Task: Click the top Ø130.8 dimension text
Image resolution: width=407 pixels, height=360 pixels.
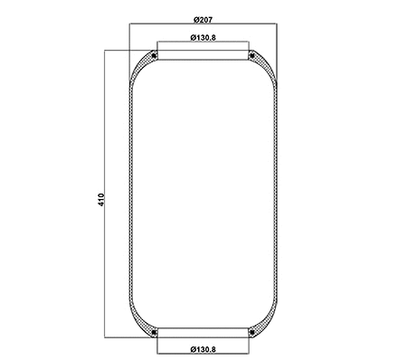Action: click(203, 37)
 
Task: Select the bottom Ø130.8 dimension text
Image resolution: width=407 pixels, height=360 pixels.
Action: click(203, 348)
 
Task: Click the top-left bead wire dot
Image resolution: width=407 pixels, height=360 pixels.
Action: click(156, 56)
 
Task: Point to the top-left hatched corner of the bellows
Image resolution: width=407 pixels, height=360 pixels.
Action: click(140, 69)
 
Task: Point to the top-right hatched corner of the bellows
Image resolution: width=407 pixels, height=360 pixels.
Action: click(265, 69)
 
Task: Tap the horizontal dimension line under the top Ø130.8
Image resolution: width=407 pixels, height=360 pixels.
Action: click(203, 43)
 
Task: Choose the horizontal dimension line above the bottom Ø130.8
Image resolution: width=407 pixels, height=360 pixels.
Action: click(203, 342)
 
